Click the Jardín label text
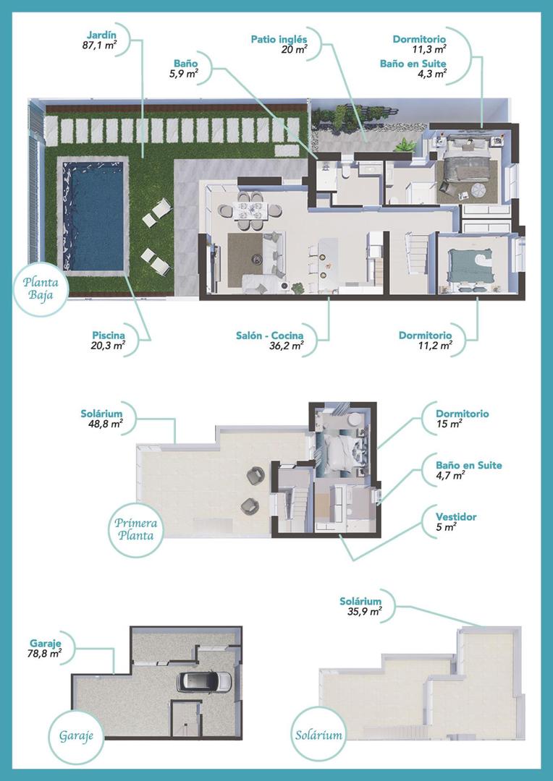pyautogui.click(x=101, y=34)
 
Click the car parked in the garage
pyautogui.click(x=206, y=681)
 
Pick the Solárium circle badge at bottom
pyautogui.click(x=318, y=736)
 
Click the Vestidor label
pyautogui.click(x=456, y=517)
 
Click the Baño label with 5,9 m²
pyautogui.click(x=185, y=64)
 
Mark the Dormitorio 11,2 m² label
pyautogui.click(x=425, y=336)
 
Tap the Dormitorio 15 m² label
pyautogui.click(x=462, y=414)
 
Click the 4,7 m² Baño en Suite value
pyautogui.click(x=450, y=476)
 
